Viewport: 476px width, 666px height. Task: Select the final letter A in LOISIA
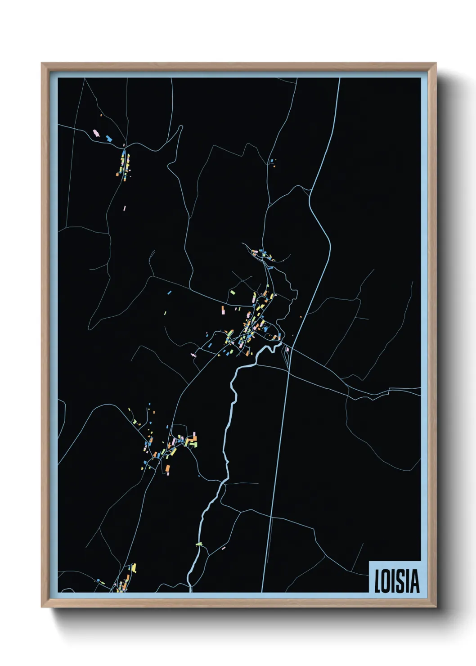415,581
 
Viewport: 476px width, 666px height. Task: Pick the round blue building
98,581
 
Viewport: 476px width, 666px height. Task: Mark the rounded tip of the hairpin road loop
181,127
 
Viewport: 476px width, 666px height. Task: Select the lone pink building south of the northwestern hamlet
125,208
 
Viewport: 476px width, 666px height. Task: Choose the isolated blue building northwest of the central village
170,292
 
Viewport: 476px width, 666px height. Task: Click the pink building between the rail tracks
287,349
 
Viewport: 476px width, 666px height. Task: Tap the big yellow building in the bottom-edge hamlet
134,568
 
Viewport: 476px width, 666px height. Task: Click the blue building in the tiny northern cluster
271,161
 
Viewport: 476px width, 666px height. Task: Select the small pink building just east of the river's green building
223,548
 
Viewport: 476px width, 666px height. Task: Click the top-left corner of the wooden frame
42,64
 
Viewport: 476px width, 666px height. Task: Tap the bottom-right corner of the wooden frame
436,607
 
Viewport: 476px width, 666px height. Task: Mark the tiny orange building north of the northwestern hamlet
101,116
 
